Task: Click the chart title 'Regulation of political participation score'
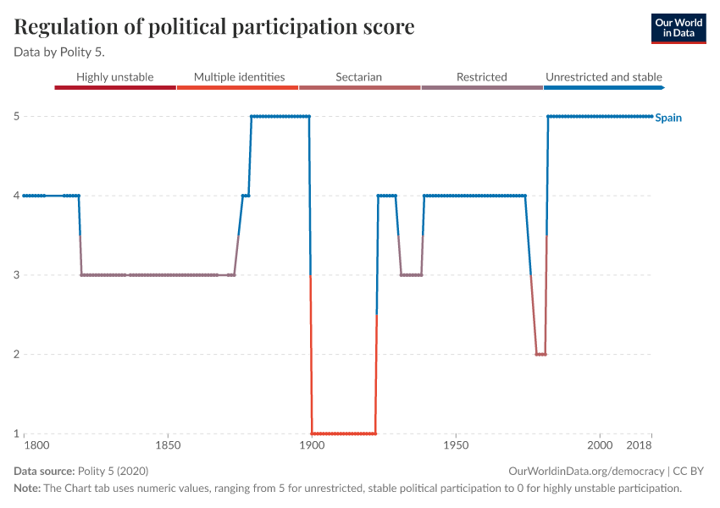coord(214,27)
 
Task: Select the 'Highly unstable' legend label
coord(115,77)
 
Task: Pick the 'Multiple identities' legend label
coord(239,77)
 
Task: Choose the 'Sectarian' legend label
coord(358,77)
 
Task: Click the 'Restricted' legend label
coord(481,77)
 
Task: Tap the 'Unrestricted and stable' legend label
coord(604,77)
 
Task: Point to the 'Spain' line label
coord(668,118)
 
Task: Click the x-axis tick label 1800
coord(36,445)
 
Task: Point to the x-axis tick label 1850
coord(168,445)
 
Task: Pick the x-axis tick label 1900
coord(312,445)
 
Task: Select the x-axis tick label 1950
coord(456,445)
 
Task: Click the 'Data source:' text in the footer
coord(44,471)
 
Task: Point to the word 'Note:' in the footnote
coord(28,489)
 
